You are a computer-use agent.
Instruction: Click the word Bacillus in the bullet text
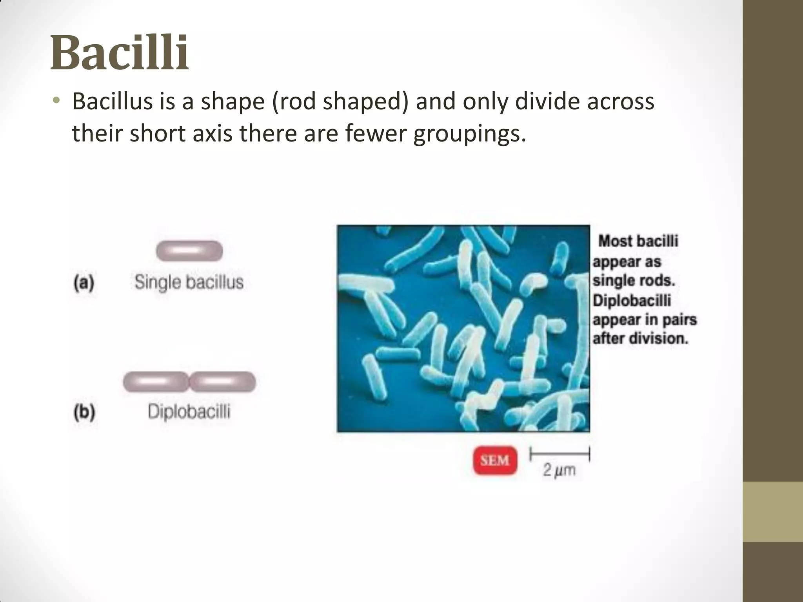113,102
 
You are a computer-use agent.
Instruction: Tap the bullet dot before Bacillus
57,100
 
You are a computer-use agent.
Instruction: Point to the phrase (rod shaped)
339,102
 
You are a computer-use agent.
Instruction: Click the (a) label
84,282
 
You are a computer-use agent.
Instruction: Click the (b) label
84,412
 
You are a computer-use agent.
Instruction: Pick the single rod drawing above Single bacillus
189,251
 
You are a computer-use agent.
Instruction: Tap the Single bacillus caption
189,282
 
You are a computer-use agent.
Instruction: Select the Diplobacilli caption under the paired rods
189,412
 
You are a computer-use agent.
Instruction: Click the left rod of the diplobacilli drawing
156,382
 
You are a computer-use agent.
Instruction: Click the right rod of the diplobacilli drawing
223,382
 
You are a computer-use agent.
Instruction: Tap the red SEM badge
495,460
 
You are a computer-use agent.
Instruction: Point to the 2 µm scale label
559,470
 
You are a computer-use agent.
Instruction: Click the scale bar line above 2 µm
560,455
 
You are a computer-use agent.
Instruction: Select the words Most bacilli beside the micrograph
638,241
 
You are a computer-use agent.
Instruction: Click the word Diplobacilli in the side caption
632,301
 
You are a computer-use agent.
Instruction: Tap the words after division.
640,338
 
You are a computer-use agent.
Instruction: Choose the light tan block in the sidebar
773,511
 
